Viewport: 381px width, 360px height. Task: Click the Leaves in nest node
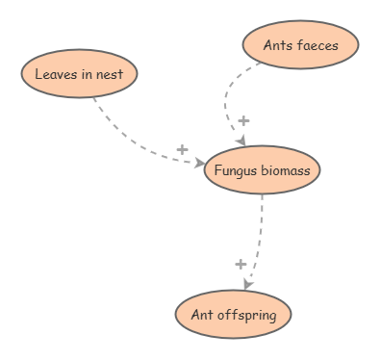(x=79, y=74)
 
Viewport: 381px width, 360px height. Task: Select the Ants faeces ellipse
(x=300, y=43)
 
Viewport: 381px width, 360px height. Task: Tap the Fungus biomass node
(x=262, y=170)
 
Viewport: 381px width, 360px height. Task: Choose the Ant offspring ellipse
(x=233, y=314)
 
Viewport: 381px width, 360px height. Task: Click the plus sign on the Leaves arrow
(x=182, y=149)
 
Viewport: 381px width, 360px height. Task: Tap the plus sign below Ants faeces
(x=243, y=120)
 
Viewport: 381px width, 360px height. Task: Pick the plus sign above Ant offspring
(x=241, y=264)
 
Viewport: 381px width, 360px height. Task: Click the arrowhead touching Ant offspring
(x=247, y=285)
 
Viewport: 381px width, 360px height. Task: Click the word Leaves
(x=54, y=74)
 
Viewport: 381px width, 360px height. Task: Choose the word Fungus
(x=237, y=170)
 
